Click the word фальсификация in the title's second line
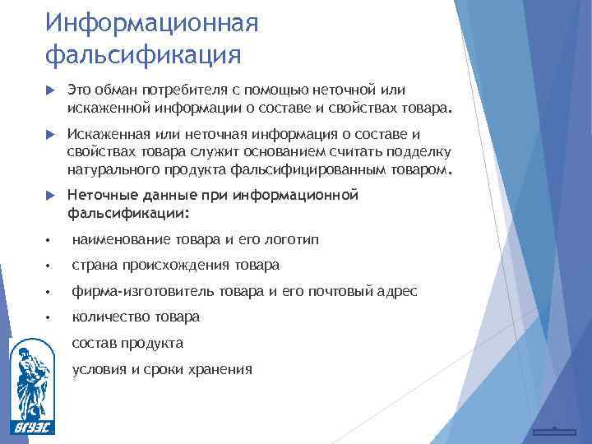(144, 55)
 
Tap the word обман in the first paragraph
(120, 90)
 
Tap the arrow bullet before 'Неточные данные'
(49, 196)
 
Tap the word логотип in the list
(289, 239)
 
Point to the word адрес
(398, 291)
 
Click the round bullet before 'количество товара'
(50, 317)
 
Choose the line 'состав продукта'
(127, 343)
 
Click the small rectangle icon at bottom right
(553, 431)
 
